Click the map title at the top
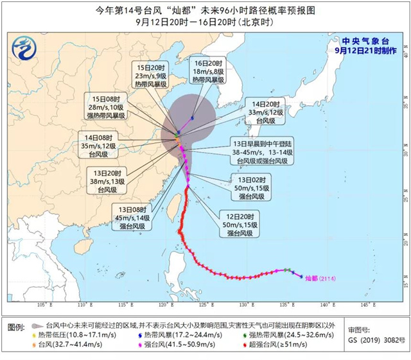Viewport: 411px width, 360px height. (205, 10)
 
